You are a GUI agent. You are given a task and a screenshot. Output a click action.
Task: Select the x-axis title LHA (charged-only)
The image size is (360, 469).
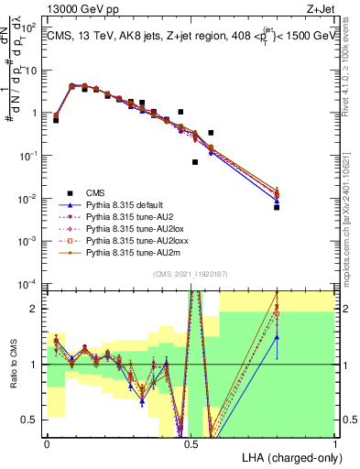[x=289, y=456]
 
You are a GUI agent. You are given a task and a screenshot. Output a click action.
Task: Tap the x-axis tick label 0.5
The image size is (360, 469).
[x=191, y=442]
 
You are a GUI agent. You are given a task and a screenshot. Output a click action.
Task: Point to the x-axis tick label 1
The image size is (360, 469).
[x=334, y=442]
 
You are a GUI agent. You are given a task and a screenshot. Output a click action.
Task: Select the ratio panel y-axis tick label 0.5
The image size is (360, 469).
[x=31, y=420]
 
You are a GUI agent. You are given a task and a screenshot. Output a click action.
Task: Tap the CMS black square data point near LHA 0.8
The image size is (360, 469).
[x=276, y=208]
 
